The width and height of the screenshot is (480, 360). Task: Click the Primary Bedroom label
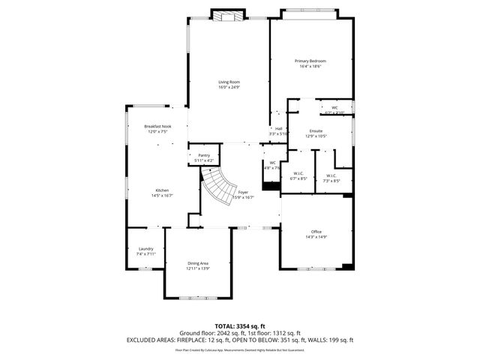[x=310, y=61]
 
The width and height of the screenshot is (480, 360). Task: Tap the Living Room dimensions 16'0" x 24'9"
[x=229, y=87]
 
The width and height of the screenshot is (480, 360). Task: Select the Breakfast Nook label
[x=157, y=126]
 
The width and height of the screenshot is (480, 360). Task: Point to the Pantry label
[x=203, y=155]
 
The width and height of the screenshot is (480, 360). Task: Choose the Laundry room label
[x=145, y=249]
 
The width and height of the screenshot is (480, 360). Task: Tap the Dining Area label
[x=198, y=263]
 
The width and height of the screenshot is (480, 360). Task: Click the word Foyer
[x=243, y=192]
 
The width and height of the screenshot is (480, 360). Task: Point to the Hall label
[x=278, y=128]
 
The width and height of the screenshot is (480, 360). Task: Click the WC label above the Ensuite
[x=334, y=108]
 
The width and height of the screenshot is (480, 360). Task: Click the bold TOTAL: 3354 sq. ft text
[x=240, y=326]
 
